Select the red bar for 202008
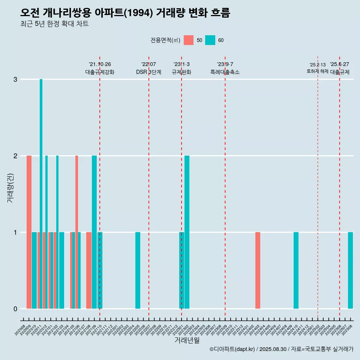click(x=29, y=232)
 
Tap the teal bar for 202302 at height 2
click(x=187, y=232)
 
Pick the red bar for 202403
click(x=258, y=270)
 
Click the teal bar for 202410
click(x=296, y=270)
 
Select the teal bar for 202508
click(x=350, y=270)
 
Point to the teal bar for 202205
click(x=138, y=270)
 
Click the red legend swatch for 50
click(x=189, y=40)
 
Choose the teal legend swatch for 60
click(x=210, y=40)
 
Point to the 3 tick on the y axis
click(x=15, y=79)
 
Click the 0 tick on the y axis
click(x=15, y=309)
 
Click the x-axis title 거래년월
click(x=187, y=340)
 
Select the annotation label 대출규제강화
click(x=100, y=72)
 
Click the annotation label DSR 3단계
click(x=148, y=72)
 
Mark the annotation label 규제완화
click(x=181, y=72)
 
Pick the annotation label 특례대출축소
click(x=225, y=72)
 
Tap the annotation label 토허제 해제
click(x=317, y=71)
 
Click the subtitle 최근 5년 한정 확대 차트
click(x=54, y=24)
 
